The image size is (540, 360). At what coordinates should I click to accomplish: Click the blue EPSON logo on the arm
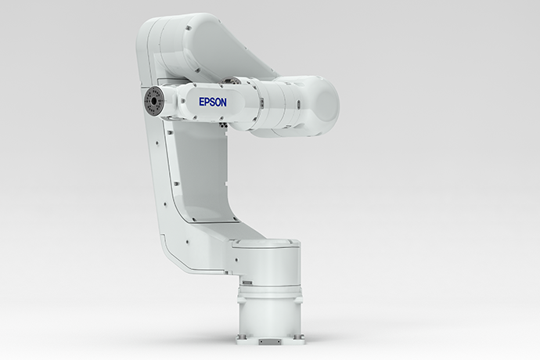[x=211, y=102]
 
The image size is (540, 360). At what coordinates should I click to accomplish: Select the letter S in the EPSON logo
[x=211, y=102]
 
